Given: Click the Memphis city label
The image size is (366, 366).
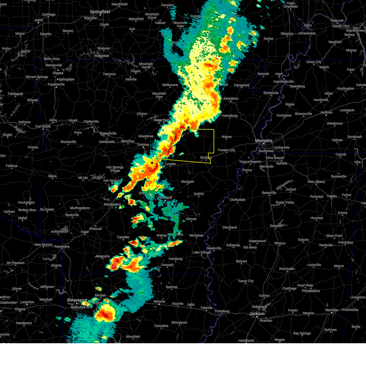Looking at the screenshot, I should click(264, 141).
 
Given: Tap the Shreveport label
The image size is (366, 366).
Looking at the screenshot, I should click(77, 300).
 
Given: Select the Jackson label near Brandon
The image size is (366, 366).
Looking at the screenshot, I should click(257, 314).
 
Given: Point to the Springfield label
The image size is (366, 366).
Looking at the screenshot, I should click(100, 12).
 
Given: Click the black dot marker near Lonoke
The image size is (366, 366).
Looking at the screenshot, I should click(152, 163).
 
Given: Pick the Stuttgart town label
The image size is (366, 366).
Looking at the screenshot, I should click(187, 182).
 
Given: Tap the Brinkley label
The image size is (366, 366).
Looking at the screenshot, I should click(206, 158).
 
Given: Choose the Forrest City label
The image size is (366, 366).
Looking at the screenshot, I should click(226, 150).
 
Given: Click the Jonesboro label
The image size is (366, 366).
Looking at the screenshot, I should click(230, 99).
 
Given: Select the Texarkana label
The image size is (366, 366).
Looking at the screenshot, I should click(62, 246).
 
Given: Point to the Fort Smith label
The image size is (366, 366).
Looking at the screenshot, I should click(43, 127).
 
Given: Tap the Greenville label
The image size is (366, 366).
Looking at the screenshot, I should click(214, 248).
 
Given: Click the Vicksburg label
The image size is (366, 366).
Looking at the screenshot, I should click(222, 311).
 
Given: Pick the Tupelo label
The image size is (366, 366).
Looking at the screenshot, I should click(332, 196).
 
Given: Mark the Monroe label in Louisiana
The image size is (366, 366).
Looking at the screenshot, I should click(159, 302).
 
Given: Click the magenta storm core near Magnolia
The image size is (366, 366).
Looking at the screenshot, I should click(113, 267).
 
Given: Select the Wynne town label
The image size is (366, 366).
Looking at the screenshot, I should click(226, 137).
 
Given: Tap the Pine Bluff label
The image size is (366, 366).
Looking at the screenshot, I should click(165, 198).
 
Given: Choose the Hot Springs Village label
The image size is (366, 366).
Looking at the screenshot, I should click(115, 169).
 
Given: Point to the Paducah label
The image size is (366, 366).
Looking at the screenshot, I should click(337, 21).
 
